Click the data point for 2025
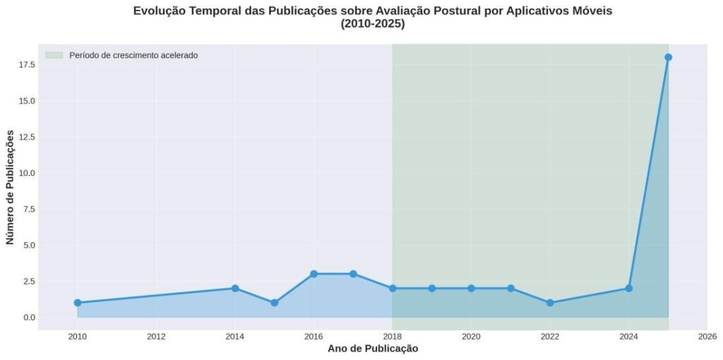[668, 57]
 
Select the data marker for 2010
[78, 303]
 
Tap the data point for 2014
[235, 288]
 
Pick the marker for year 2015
[275, 303]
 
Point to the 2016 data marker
[313, 274]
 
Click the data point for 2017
[353, 274]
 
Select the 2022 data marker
[550, 303]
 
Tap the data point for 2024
[628, 288]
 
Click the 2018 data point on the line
[393, 288]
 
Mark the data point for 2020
[471, 288]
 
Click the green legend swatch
[54, 55]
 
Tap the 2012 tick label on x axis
[156, 336]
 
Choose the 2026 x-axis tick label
[707, 336]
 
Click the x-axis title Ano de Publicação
[372, 349]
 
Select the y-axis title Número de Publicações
[10, 187]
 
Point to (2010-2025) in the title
[372, 24]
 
